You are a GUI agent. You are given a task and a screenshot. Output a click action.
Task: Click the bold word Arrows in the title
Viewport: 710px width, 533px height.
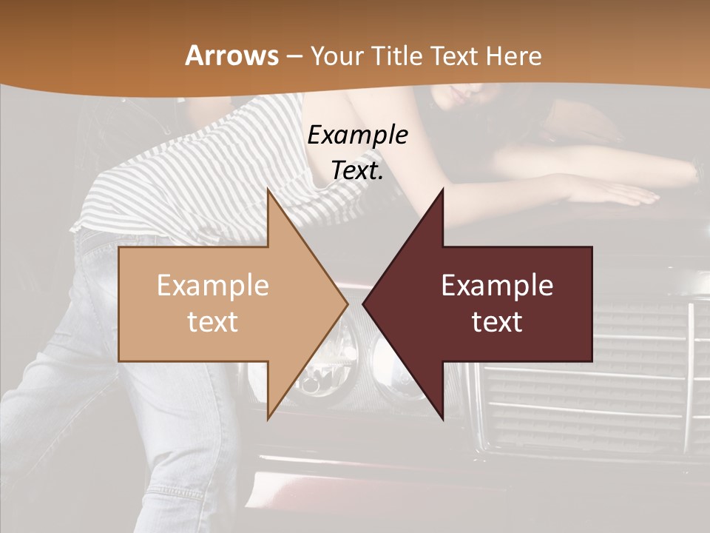click(x=232, y=56)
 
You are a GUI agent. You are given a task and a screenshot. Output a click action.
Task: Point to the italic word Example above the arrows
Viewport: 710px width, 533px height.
click(x=357, y=135)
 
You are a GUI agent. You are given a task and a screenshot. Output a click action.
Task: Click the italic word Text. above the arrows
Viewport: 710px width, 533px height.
click(x=357, y=170)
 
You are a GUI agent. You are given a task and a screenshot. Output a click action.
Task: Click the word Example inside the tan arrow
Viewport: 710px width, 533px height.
click(x=213, y=285)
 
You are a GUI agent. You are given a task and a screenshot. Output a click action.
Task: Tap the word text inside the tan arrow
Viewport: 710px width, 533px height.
click(x=213, y=322)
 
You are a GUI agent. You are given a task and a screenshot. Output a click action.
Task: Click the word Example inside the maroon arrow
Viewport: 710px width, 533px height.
click(x=497, y=285)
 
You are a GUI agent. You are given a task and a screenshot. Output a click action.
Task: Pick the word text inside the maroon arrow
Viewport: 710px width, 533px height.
click(x=497, y=322)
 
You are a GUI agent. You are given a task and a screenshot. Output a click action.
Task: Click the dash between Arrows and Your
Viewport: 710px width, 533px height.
click(x=294, y=56)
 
